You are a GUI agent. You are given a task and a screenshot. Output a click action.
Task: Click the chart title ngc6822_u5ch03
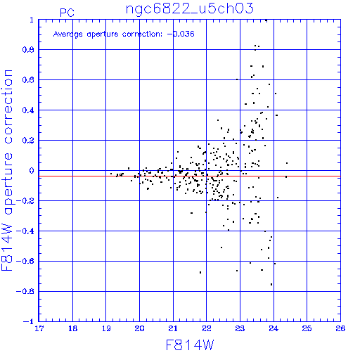click(190, 9)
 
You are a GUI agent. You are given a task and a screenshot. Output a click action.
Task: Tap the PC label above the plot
click(67, 13)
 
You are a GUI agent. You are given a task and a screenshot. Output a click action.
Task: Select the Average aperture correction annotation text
click(124, 34)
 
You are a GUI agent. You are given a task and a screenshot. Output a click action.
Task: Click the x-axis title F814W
click(190, 345)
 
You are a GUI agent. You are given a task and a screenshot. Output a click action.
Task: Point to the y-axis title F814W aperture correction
click(7, 170)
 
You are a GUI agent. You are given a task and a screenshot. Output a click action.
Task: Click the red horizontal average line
click(190, 176)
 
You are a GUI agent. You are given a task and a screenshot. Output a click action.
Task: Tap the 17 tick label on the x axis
click(39, 328)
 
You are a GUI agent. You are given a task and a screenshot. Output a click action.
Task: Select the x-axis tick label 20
click(139, 328)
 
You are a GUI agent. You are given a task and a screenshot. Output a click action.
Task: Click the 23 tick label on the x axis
click(240, 328)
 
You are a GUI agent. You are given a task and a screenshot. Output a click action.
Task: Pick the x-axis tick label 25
click(307, 328)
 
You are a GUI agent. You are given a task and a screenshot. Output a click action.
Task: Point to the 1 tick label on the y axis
click(32, 20)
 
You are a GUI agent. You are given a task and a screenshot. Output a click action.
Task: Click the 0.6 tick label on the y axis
click(28, 80)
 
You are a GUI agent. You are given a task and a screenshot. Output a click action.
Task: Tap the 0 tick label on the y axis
click(32, 171)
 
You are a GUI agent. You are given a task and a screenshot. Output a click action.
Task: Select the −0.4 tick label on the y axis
click(25, 231)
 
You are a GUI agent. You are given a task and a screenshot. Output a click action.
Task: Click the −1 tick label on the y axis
click(29, 321)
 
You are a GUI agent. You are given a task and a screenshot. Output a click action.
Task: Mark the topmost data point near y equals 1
click(266, 20)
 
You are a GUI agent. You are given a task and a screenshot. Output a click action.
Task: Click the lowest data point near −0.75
click(271, 284)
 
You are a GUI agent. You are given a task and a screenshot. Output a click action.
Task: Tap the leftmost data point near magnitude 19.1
click(111, 174)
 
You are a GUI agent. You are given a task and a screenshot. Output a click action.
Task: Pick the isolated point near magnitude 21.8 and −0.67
click(200, 272)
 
